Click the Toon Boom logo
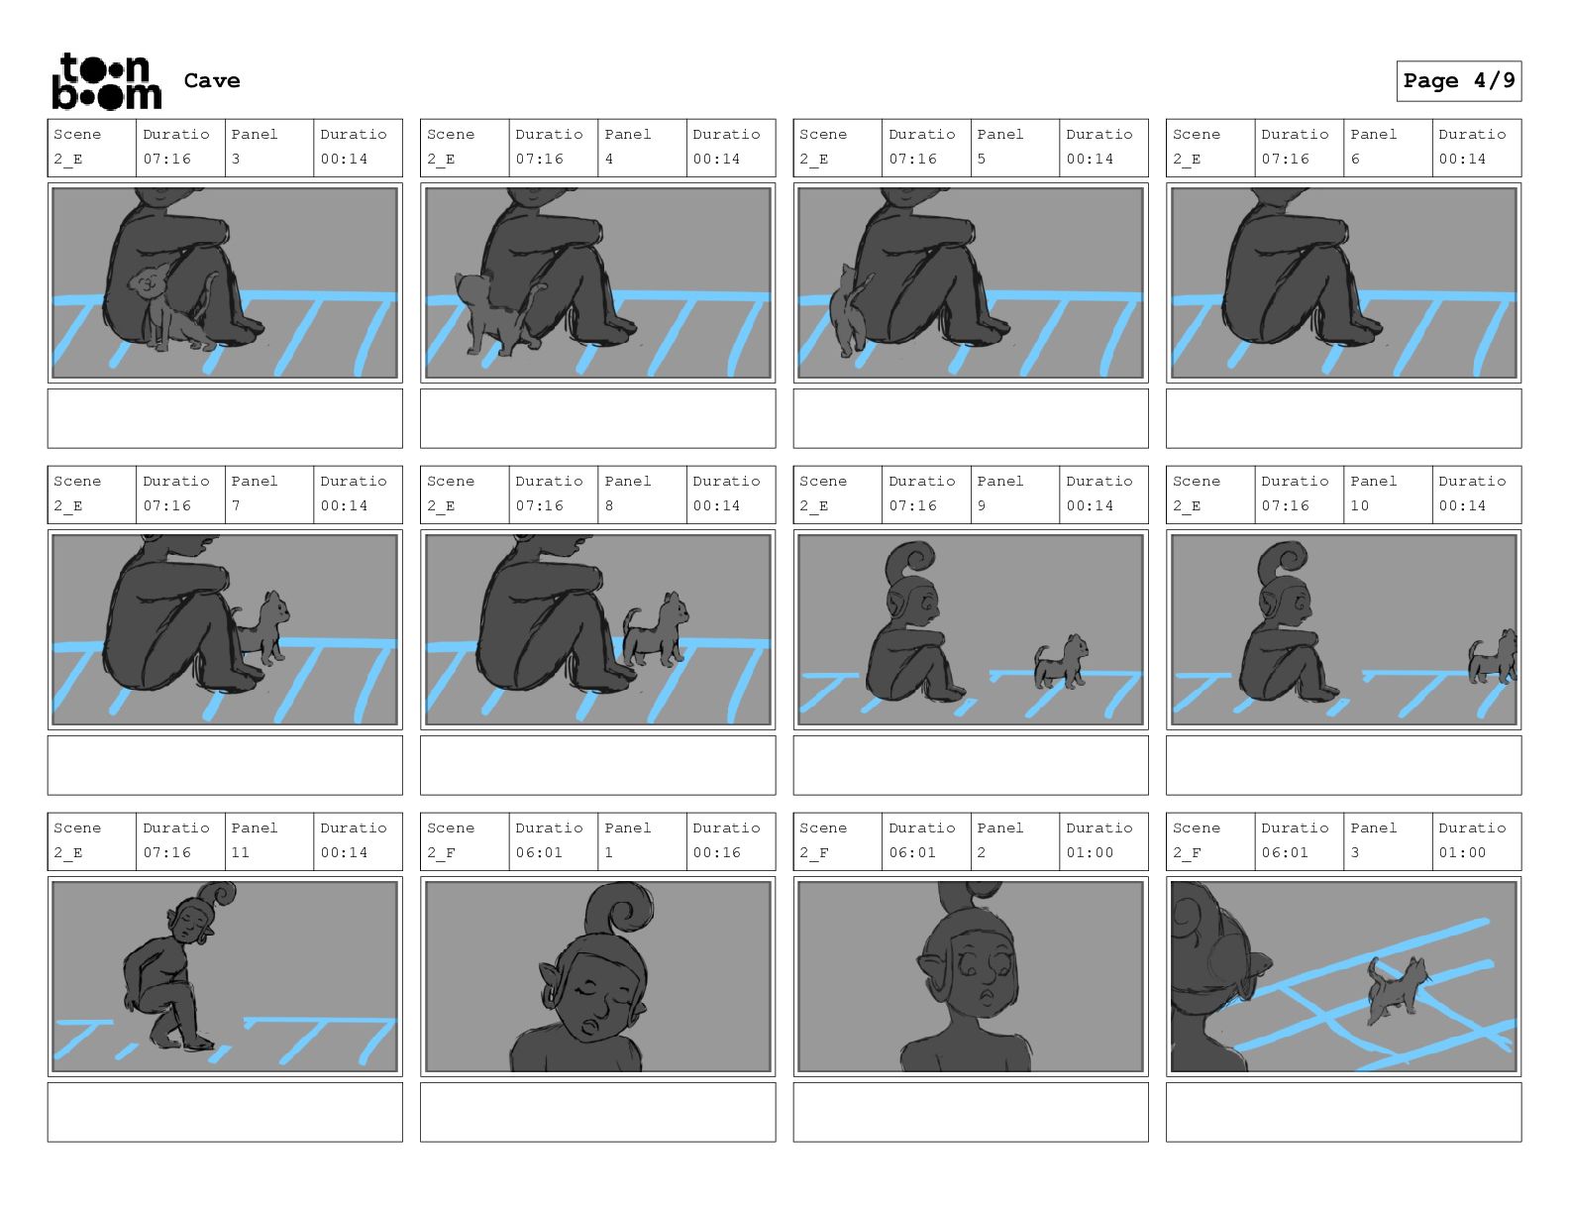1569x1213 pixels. point(107,81)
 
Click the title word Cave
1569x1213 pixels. point(212,80)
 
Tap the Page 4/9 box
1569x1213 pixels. point(1458,81)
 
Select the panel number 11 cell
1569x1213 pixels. point(269,841)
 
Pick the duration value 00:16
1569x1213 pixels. point(716,852)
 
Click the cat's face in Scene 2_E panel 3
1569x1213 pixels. point(150,283)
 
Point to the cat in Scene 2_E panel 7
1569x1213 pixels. point(262,628)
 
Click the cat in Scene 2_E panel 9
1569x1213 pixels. point(1060,662)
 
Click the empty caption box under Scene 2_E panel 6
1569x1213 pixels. point(1343,418)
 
